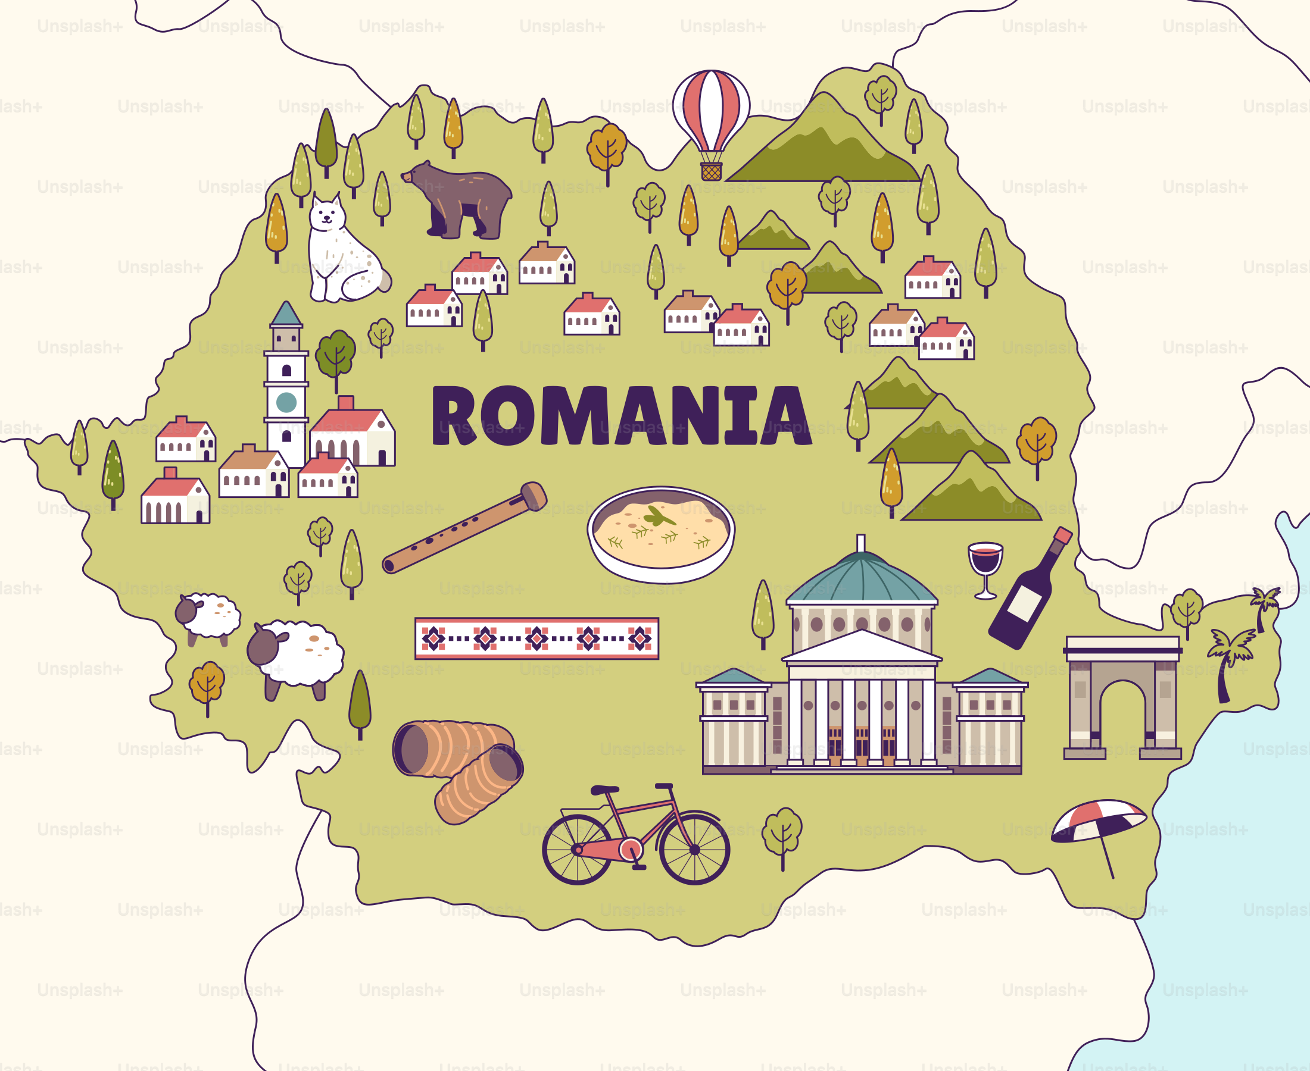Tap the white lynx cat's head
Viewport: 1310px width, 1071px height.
(326, 214)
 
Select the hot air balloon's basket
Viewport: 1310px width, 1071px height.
(711, 171)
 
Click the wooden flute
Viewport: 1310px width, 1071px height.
(463, 528)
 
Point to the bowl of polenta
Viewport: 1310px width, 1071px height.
(660, 534)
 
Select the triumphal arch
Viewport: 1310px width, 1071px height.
(1122, 697)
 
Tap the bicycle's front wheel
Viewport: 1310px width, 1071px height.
(694, 850)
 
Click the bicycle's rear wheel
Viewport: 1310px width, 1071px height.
(577, 850)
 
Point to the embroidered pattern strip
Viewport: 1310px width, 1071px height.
(537, 638)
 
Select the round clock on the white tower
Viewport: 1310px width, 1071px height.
(286, 402)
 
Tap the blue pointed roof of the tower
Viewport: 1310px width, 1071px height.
(286, 314)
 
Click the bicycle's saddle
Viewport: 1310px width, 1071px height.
(605, 789)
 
